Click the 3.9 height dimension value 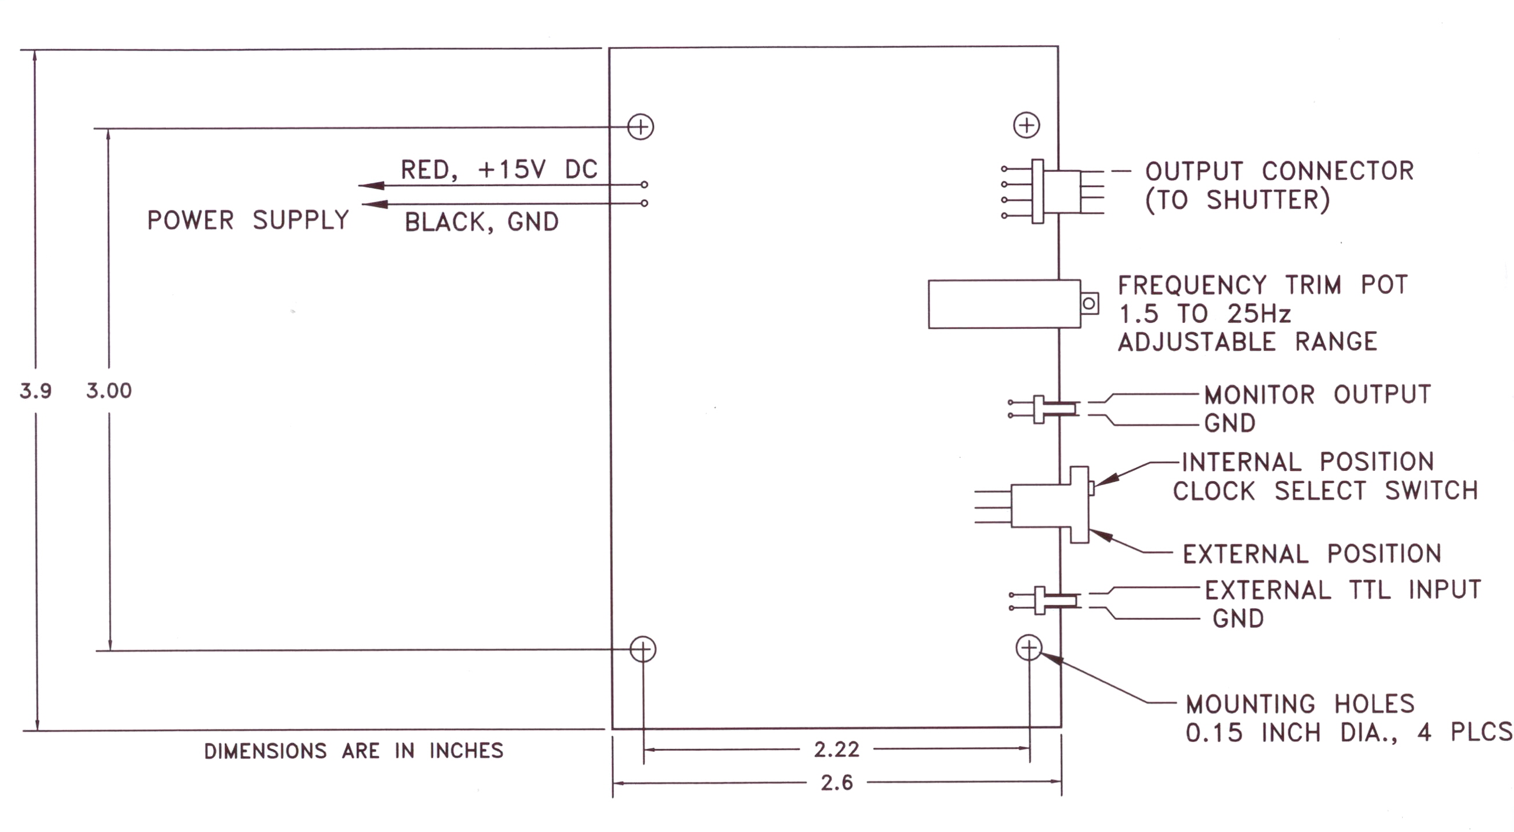pyautogui.click(x=36, y=391)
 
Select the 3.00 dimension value pyautogui.click(x=110, y=391)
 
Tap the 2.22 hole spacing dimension pyautogui.click(x=836, y=750)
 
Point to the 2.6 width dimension pyautogui.click(x=836, y=783)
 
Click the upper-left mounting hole pyautogui.click(x=641, y=126)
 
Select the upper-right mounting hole pyautogui.click(x=1027, y=125)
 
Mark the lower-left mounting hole pyautogui.click(x=642, y=649)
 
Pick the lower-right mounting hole pyautogui.click(x=1029, y=648)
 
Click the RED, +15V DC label pyautogui.click(x=499, y=170)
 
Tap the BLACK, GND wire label pyautogui.click(x=481, y=222)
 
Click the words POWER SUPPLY pyautogui.click(x=248, y=220)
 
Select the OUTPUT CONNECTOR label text pyautogui.click(x=1279, y=172)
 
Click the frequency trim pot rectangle pyautogui.click(x=1004, y=304)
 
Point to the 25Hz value pyautogui.click(x=1258, y=314)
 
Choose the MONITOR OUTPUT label pyautogui.click(x=1317, y=395)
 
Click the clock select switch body pyautogui.click(x=1049, y=505)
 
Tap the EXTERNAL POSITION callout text pyautogui.click(x=1312, y=554)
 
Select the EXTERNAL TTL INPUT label pyautogui.click(x=1343, y=590)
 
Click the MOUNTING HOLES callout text pyautogui.click(x=1300, y=704)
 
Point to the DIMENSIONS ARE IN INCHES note pyautogui.click(x=354, y=751)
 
